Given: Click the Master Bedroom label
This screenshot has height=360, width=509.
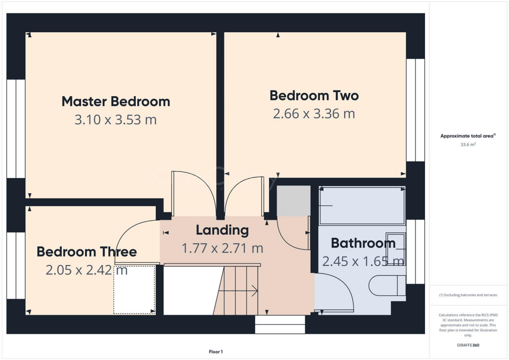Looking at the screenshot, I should click(x=116, y=101).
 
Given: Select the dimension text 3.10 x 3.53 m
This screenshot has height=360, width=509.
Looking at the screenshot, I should click(x=116, y=120).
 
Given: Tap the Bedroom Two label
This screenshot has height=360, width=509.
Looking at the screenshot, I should click(x=314, y=95).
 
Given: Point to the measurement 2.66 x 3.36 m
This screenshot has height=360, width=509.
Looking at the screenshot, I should click(x=314, y=113).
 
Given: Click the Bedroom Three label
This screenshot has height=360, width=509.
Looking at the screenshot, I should click(x=86, y=252).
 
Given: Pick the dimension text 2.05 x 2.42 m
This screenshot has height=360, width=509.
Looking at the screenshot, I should click(x=86, y=270).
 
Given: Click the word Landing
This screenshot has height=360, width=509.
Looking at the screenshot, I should click(x=222, y=230).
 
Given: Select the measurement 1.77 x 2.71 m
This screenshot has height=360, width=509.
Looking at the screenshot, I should click(x=222, y=248).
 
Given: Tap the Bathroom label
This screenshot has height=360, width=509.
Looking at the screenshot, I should click(x=363, y=243).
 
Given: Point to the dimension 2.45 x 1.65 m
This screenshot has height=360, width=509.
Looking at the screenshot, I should click(x=363, y=261).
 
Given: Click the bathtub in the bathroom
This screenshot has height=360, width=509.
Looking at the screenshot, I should click(x=361, y=205).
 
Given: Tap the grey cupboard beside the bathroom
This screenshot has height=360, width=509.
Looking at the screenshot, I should click(x=293, y=201).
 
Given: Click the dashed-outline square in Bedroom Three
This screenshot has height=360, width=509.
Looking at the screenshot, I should click(x=134, y=290).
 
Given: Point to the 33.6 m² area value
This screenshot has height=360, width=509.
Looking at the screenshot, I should click(x=468, y=145).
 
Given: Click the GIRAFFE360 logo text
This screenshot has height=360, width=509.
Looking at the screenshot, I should click(x=468, y=345).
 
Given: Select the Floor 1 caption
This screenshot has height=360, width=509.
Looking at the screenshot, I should click(x=216, y=352).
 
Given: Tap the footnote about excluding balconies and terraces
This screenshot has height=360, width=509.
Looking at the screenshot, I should click(x=468, y=295).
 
